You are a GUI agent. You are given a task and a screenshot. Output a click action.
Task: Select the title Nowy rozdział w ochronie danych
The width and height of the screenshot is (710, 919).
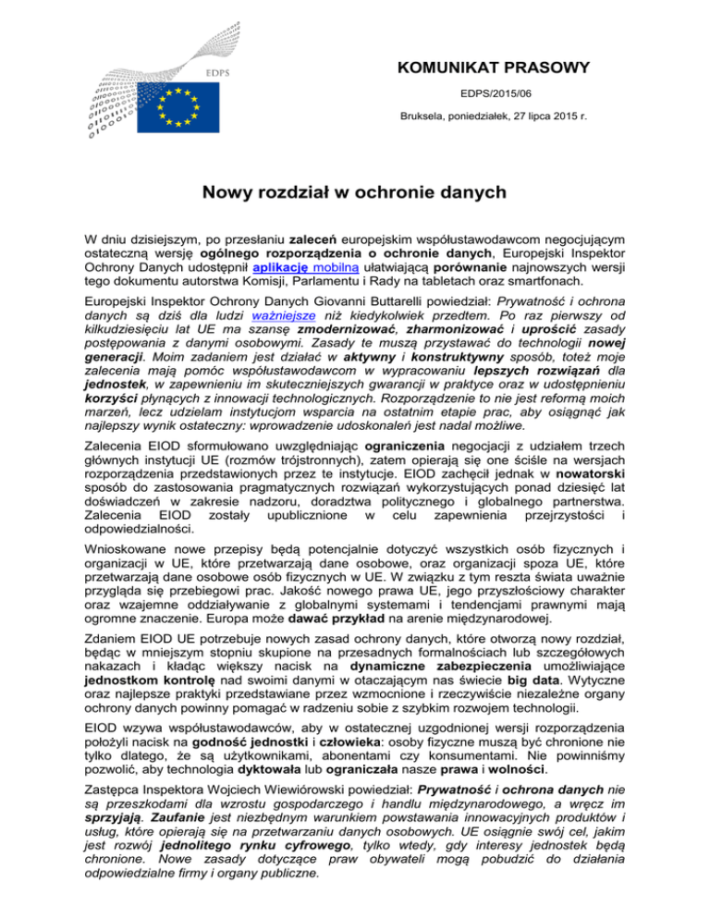(354, 195)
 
